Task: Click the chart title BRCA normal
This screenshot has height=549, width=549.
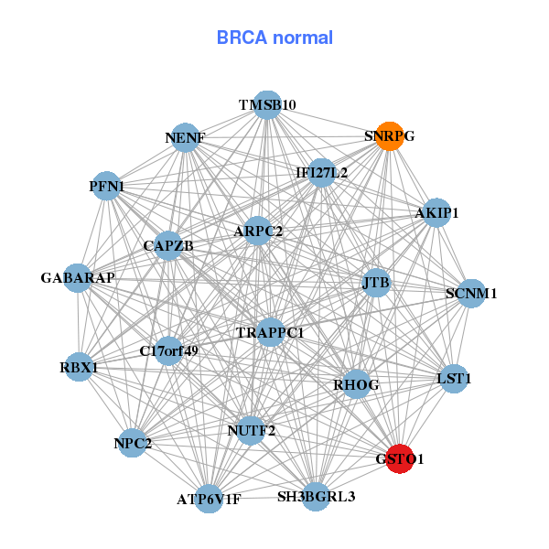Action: coord(274,38)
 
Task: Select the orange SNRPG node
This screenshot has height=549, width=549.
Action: coord(390,136)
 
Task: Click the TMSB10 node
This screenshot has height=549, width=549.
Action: coord(266,104)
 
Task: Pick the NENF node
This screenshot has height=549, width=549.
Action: coord(186,138)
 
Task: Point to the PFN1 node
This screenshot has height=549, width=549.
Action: coord(107,187)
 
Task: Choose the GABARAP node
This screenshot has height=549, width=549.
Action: coord(78,277)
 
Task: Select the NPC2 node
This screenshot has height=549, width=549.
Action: coord(133,444)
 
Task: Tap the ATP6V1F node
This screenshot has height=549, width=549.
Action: coord(210,499)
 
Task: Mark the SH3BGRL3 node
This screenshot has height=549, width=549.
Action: coord(316,497)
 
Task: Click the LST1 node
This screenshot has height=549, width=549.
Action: coord(454,378)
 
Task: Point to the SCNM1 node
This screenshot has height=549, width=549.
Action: coord(471,294)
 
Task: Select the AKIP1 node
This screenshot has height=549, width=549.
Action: coord(436,213)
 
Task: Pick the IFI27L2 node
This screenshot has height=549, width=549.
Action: coord(321,172)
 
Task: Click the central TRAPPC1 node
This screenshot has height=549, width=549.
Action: coord(270,333)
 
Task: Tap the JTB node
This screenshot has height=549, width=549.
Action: coord(376,283)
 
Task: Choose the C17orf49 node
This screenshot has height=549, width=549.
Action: coord(169,350)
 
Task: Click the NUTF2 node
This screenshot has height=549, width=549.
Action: coord(251,429)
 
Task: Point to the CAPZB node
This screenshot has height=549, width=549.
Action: coord(168,246)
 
